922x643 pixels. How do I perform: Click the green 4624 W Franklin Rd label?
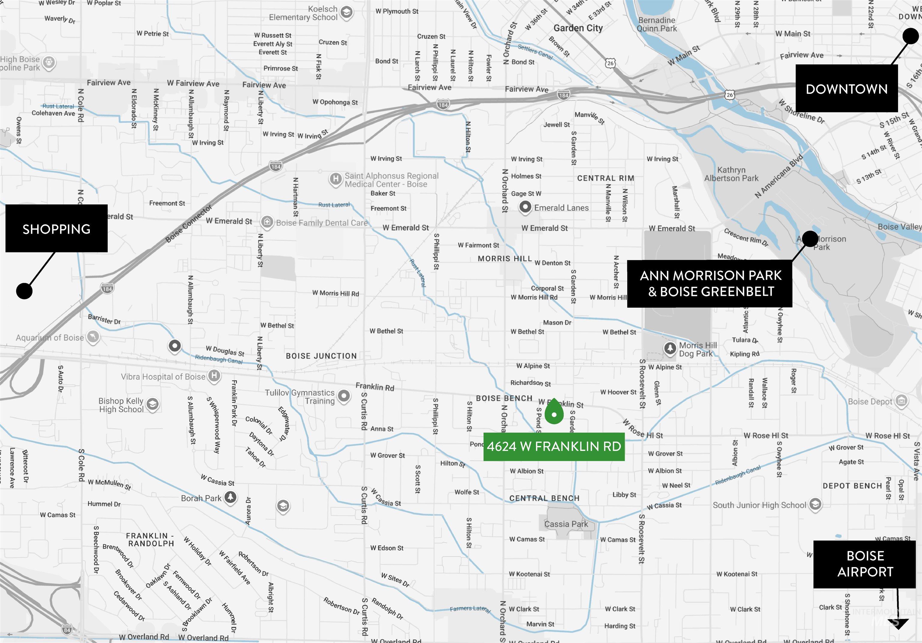click(x=554, y=446)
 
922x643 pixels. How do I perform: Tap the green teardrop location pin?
click(x=554, y=412)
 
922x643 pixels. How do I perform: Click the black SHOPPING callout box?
click(x=56, y=229)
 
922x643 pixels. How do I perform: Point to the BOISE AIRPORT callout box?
click(x=865, y=564)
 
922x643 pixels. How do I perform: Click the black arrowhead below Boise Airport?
click(x=898, y=623)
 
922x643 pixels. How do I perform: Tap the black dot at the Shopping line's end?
click(x=24, y=291)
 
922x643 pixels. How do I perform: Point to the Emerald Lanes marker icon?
click(x=525, y=207)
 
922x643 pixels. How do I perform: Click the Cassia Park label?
click(x=566, y=524)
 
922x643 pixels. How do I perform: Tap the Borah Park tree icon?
click(x=230, y=497)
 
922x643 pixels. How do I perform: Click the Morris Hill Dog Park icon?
click(x=670, y=348)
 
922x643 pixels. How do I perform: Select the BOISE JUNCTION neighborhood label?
click(x=321, y=356)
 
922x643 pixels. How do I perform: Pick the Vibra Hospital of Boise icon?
click(x=214, y=376)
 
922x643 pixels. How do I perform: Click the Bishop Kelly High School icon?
click(x=152, y=404)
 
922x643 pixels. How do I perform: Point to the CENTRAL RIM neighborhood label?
click(x=606, y=178)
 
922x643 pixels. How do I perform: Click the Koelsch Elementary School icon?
click(x=347, y=12)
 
